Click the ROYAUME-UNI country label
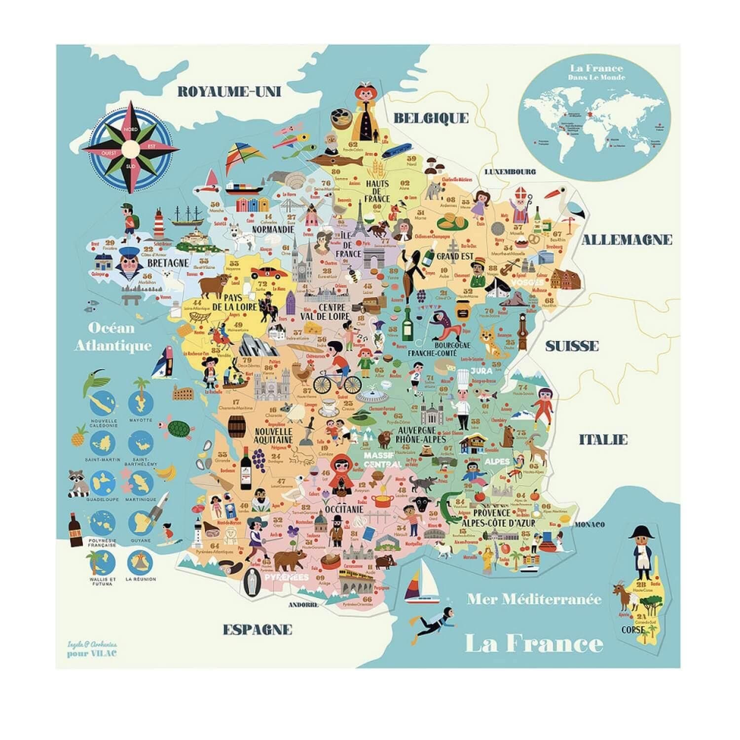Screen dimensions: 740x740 coord(229,91)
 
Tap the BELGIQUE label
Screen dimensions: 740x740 coord(431,117)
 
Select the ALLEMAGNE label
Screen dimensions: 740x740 coord(627,240)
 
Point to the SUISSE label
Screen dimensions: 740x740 coord(572,346)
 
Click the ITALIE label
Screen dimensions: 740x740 coord(603,439)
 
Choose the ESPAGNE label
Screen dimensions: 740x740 coord(258,629)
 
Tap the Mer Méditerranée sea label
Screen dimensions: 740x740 coord(534,599)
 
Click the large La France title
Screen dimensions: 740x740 coord(534,643)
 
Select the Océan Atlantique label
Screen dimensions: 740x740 coord(113,336)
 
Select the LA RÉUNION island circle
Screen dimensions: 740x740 coord(141,562)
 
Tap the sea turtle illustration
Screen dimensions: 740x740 coord(179,429)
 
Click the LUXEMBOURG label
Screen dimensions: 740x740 coord(510,172)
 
